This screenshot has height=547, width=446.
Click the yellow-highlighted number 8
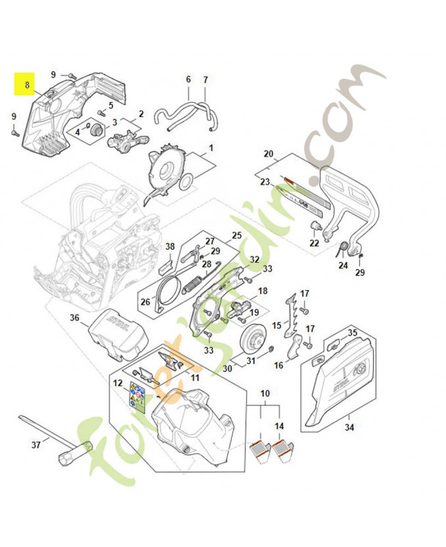27,86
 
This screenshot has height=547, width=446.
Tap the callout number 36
75,317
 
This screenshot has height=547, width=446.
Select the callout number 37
36,445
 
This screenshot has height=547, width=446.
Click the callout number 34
350,427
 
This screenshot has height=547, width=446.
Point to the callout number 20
268,153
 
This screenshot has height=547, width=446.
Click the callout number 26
145,301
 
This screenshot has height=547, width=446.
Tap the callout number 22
314,243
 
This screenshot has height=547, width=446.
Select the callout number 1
211,147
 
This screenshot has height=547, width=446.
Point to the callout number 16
278,365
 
